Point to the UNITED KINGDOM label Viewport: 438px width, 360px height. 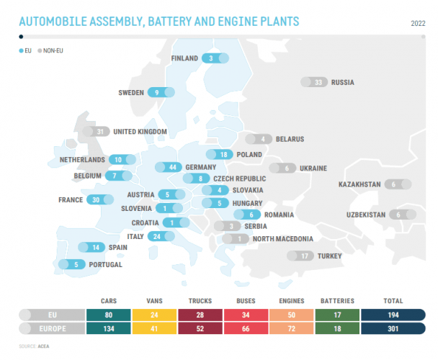tap(140, 132)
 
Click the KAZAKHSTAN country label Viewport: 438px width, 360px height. tap(359, 184)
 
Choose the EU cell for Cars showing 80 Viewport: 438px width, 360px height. tap(108, 315)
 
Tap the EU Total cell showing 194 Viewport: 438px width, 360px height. tap(393, 315)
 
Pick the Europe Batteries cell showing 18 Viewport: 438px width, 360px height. tap(336, 329)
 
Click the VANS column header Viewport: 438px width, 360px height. tap(153, 301)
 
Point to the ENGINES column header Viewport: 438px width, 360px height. tap(291, 301)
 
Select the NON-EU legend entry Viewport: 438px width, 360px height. tap(52, 51)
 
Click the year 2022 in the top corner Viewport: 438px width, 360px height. tap(418, 23)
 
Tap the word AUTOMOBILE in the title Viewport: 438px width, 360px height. tap(55, 22)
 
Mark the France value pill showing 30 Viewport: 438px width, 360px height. tap(99, 199)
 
